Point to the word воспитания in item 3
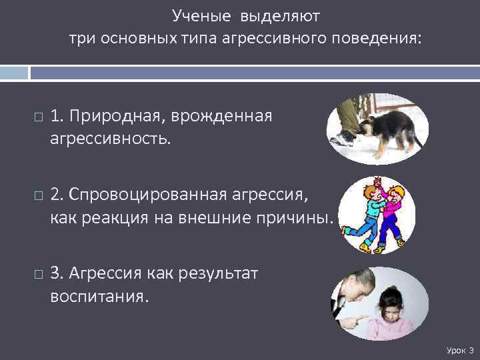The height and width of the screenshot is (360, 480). click(x=97, y=296)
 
